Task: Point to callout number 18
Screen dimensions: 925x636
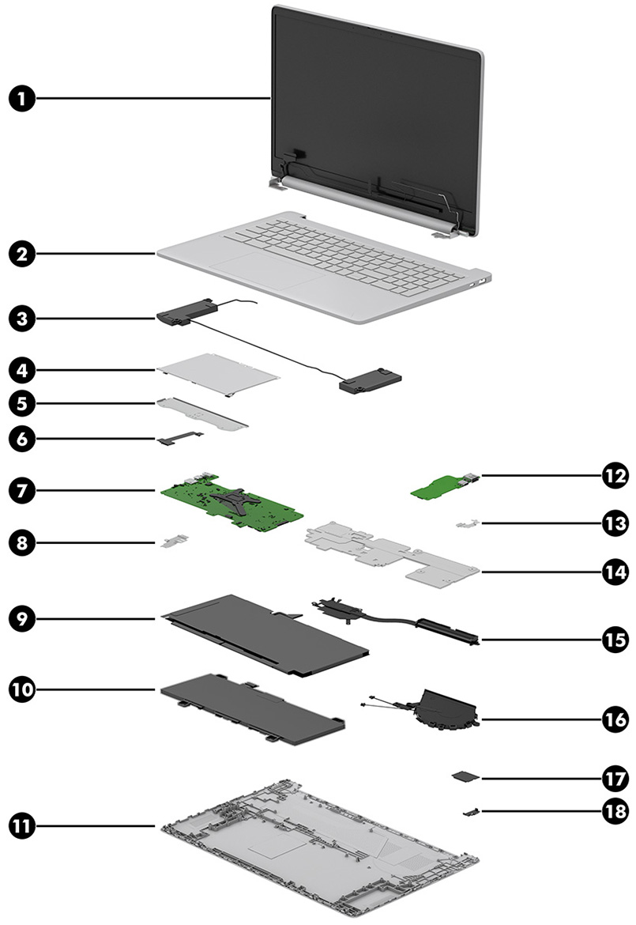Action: (612, 811)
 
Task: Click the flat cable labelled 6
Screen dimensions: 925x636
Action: (180, 435)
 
